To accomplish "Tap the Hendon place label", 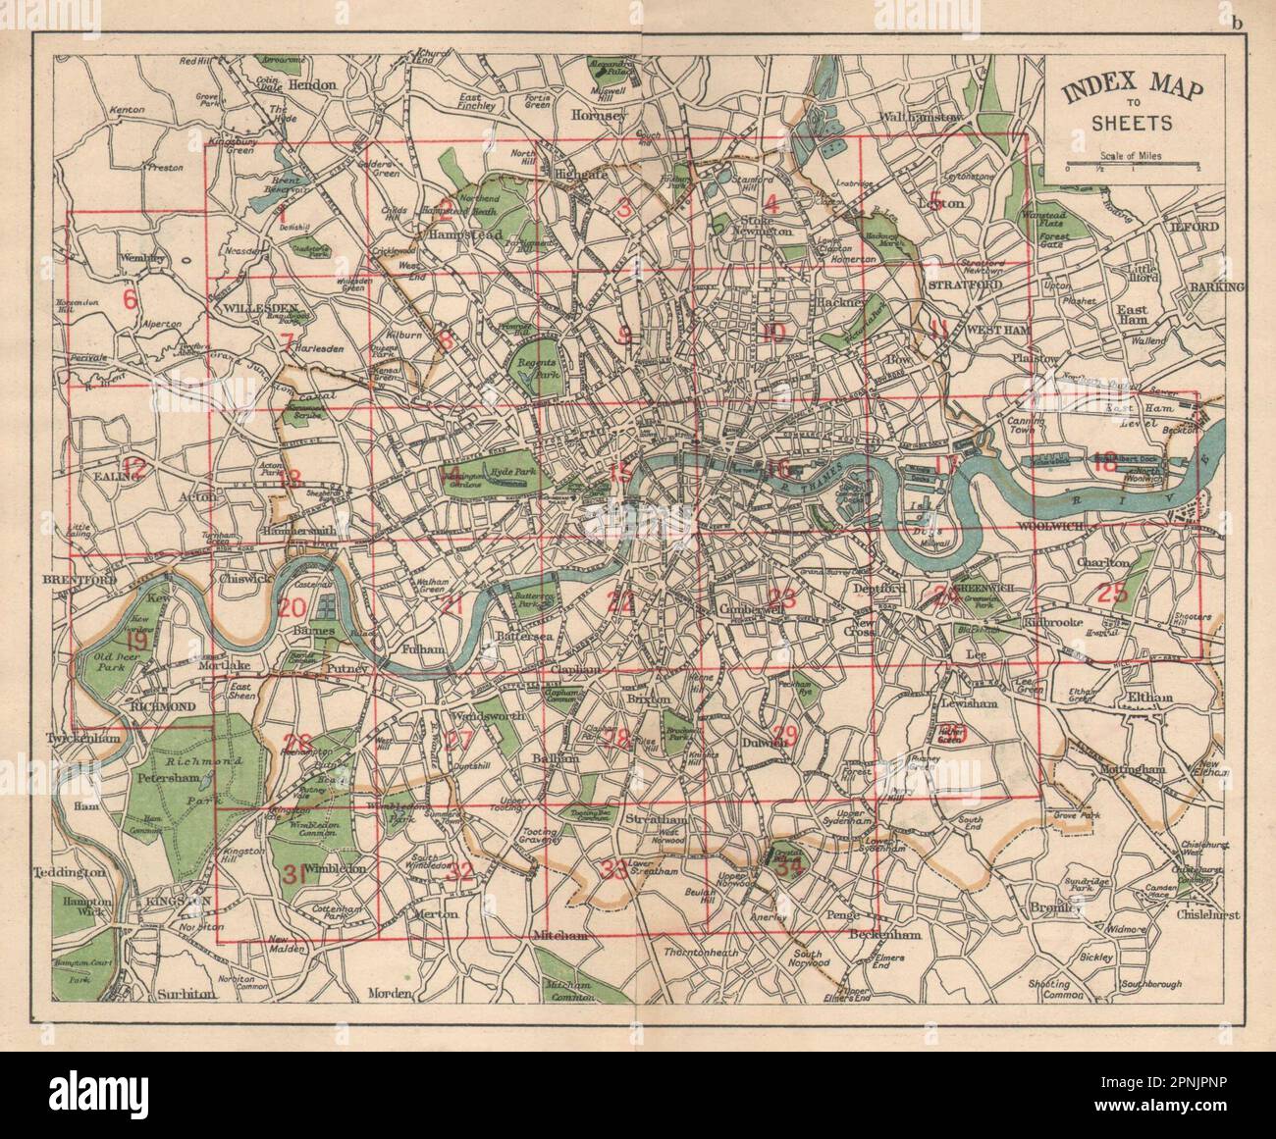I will [311, 85].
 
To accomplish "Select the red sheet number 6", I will [129, 298].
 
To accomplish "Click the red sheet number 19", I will [136, 642].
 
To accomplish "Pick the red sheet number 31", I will [292, 874].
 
